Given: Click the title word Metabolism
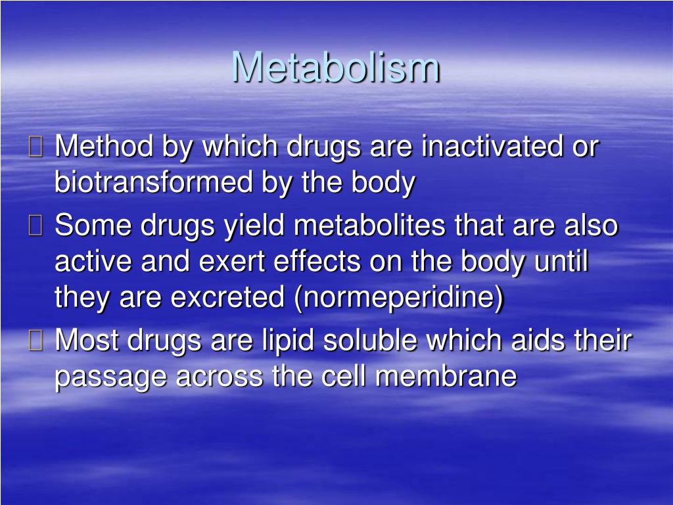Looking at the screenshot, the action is coord(336,67).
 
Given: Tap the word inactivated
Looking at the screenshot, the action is coord(492,146).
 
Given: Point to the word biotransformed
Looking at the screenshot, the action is coord(154,181).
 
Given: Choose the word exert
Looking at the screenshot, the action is coord(232,261).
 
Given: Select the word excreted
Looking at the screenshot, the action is coord(227,297).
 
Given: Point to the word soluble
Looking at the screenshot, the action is coord(370,340).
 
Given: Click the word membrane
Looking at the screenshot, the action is coord(446,375).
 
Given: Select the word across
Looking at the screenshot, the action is coord(220,377).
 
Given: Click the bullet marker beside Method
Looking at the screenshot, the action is coord(35,146).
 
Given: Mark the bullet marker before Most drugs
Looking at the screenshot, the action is coord(35,340).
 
